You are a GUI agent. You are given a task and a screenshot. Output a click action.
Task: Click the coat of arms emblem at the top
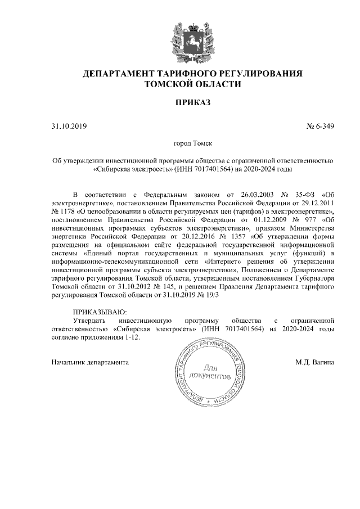[192, 39]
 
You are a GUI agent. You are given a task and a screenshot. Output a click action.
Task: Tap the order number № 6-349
[321, 126]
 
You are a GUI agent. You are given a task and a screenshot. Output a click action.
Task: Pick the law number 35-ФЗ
[300, 193]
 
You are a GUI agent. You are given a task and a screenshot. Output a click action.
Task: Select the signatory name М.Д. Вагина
[315, 363]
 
